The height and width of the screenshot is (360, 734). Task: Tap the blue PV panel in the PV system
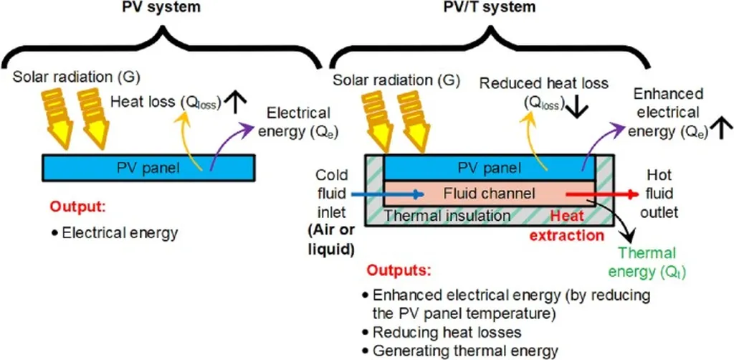click(147, 167)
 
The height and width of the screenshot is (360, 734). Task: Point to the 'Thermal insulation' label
click(448, 214)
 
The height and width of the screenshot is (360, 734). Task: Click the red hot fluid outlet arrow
click(602, 194)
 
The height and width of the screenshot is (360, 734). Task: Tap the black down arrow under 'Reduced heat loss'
click(575, 108)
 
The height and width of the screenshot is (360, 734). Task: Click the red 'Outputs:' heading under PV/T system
click(399, 273)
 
